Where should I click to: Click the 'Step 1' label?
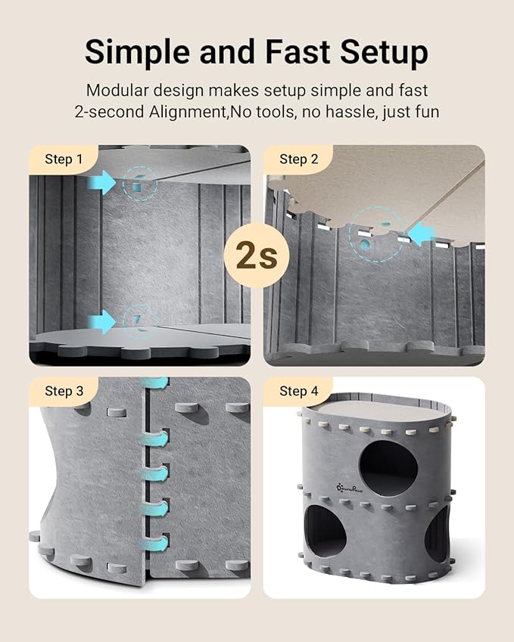pos(64,159)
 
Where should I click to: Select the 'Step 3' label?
pos(64,391)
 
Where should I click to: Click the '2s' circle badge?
pos(256,256)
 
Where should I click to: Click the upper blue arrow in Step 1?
pos(101,181)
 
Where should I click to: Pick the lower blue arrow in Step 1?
pos(101,321)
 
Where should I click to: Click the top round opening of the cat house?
pos(388,468)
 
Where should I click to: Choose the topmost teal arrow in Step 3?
pos(155,384)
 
